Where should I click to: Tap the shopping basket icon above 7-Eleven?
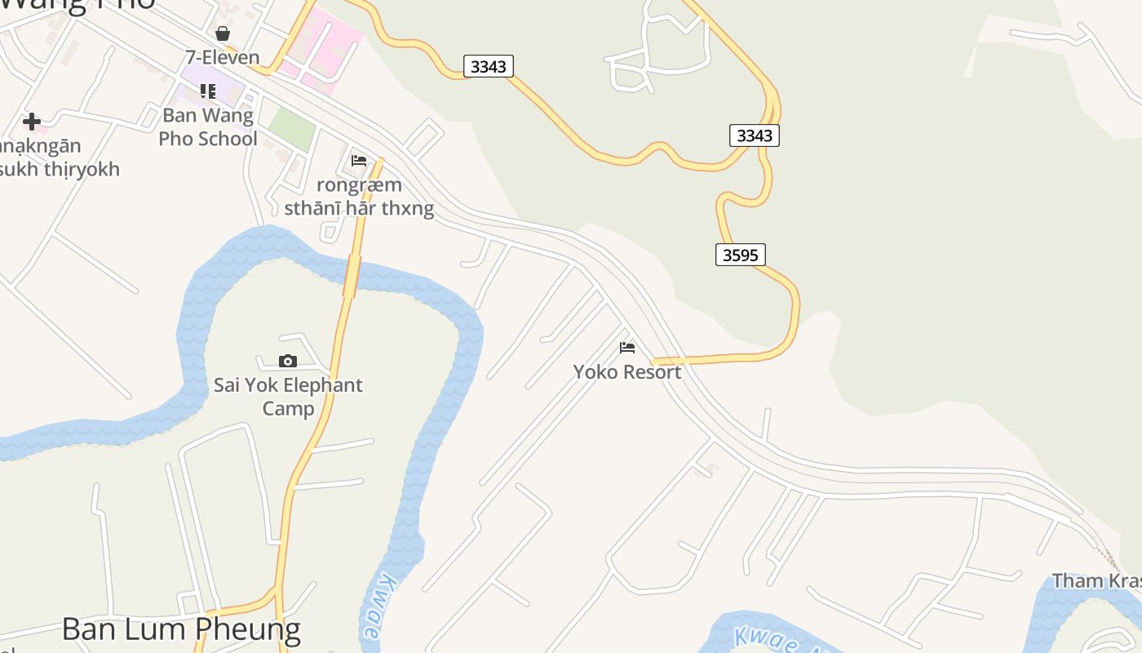[x=223, y=33]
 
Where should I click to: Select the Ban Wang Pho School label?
[x=208, y=127]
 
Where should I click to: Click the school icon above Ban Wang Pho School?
[x=208, y=91]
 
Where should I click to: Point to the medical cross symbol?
[x=32, y=122]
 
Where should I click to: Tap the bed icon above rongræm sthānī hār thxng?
[x=359, y=161]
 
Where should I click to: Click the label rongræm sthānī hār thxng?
[x=359, y=197]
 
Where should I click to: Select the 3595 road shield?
[x=741, y=255]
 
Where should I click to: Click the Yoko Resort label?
[x=626, y=372]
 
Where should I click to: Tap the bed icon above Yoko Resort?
[x=627, y=348]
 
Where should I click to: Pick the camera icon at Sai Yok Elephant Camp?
[x=287, y=361]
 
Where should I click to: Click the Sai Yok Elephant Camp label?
[x=288, y=396]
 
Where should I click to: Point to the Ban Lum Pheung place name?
[x=181, y=629]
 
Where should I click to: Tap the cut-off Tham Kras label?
[x=1096, y=580]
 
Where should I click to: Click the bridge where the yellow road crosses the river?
[x=352, y=276]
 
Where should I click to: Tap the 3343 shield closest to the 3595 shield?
[x=754, y=135]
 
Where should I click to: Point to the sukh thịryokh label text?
[x=60, y=169]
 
